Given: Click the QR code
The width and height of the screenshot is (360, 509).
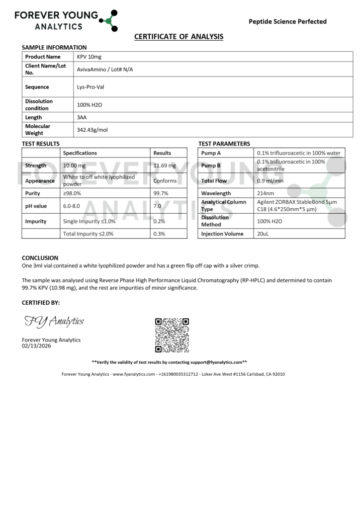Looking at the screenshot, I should [x=172, y=335].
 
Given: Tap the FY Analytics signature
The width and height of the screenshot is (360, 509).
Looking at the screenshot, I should [x=54, y=322].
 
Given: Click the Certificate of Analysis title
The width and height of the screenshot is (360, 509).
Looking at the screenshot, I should [x=179, y=37].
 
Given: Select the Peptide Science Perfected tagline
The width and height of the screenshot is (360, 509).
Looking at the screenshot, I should [x=287, y=21].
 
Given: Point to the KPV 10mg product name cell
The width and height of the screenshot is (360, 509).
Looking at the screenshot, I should [x=89, y=57].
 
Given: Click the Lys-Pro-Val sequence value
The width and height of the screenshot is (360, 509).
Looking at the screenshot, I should [x=90, y=87].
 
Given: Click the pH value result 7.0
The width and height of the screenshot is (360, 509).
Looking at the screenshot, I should [x=158, y=205].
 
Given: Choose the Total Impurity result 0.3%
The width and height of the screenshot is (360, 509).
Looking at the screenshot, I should [x=159, y=234].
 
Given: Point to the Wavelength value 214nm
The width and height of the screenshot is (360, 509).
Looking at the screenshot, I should [x=266, y=193].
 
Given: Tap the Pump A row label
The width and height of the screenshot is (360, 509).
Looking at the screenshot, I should [x=211, y=153].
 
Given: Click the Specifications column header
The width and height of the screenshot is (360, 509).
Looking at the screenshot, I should [x=80, y=153].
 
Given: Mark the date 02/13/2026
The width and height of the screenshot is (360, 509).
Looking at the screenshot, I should [x=36, y=346].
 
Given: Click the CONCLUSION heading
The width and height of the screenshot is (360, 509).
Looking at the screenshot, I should [x=40, y=258].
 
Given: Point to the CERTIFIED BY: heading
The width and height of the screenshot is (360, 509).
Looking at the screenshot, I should [x=41, y=302].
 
